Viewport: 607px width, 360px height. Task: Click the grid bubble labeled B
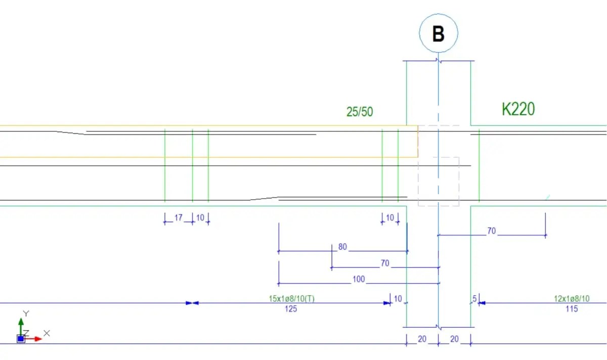click(x=438, y=33)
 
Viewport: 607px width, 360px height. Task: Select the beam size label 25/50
click(x=360, y=112)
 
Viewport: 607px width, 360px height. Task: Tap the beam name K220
click(x=518, y=109)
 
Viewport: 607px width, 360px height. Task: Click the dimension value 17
click(x=178, y=217)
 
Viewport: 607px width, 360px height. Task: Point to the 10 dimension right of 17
click(x=200, y=217)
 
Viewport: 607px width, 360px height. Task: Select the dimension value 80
click(x=342, y=247)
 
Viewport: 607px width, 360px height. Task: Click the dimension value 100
click(x=358, y=279)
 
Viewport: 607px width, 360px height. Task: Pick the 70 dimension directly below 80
click(x=385, y=263)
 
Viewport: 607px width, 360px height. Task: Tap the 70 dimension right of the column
click(x=491, y=231)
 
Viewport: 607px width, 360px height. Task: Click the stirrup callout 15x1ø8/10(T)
click(x=291, y=299)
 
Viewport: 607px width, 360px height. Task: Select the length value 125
click(x=291, y=308)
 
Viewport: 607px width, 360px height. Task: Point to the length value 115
click(x=571, y=308)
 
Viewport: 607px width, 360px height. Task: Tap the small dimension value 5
click(x=474, y=299)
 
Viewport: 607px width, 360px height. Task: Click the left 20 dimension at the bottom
click(x=422, y=339)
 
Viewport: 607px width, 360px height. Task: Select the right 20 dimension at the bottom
click(x=454, y=339)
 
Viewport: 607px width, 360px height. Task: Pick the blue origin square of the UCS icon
click(x=21, y=339)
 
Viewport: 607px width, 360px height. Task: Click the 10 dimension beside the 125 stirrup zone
click(x=398, y=299)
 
